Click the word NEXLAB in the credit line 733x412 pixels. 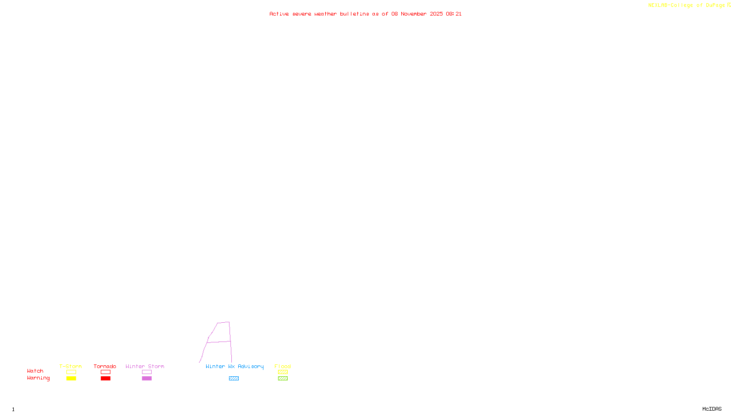[658, 5]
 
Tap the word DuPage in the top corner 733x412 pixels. [715, 5]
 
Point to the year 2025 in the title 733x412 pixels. [436, 14]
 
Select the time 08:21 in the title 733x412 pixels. [454, 14]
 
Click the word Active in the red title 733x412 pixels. [279, 14]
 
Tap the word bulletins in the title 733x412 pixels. [355, 14]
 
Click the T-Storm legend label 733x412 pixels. [71, 366]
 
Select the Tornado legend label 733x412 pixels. [105, 366]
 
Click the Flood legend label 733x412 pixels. [283, 366]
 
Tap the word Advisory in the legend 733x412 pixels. [251, 366]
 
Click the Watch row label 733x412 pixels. [35, 371]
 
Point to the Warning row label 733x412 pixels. [38, 378]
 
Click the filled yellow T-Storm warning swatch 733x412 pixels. [71, 379]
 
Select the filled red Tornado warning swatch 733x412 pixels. [105, 379]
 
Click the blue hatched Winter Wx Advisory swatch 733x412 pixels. [234, 379]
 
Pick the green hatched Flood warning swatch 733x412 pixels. [283, 379]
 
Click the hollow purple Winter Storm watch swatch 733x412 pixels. [147, 372]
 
